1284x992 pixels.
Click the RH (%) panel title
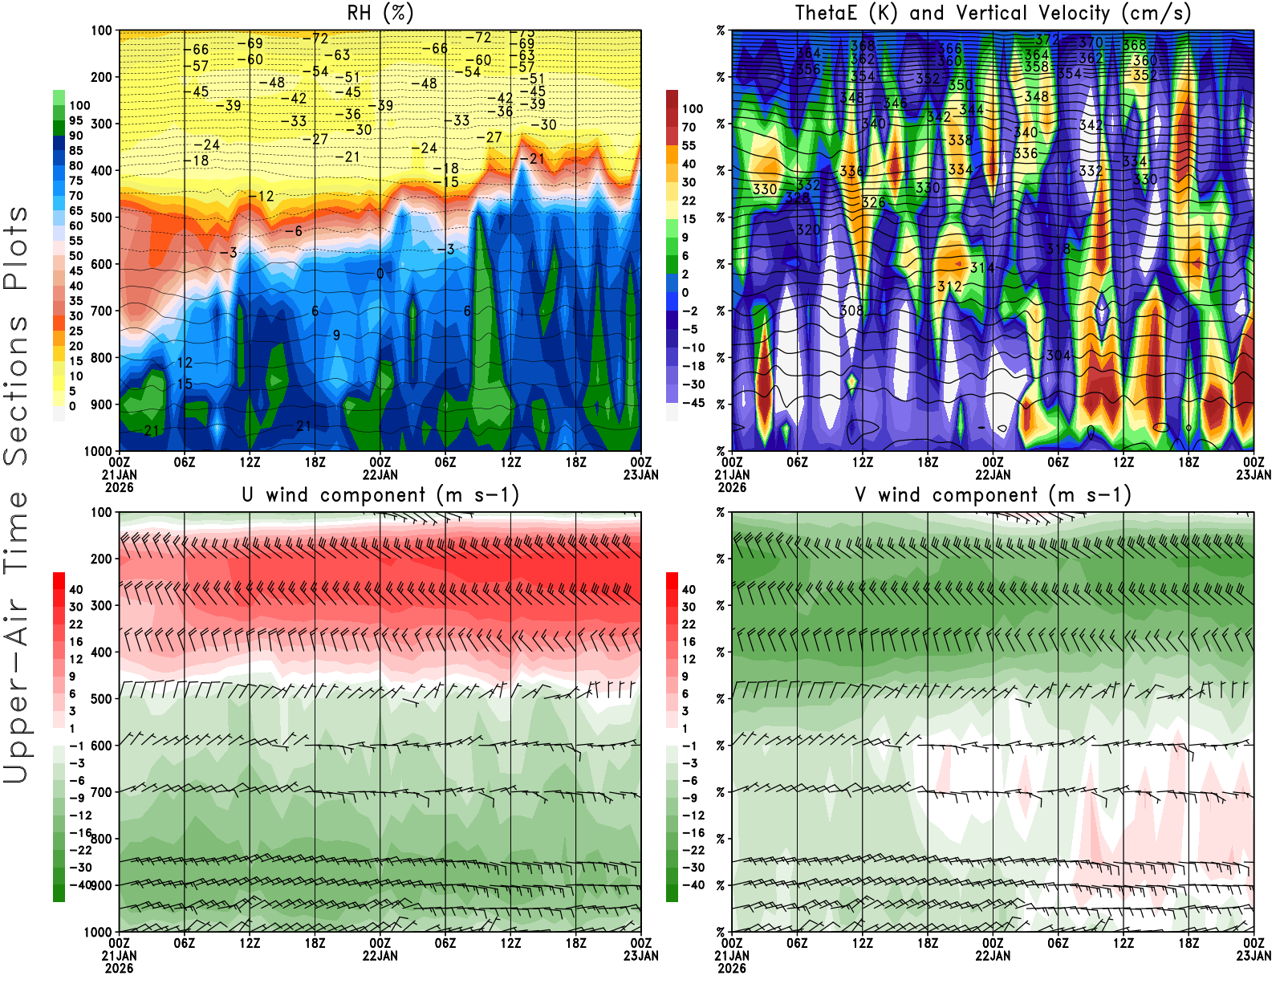click(x=380, y=14)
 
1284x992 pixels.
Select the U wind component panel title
click(x=380, y=495)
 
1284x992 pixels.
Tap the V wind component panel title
click(x=993, y=495)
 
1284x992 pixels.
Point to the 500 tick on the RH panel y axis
click(x=102, y=218)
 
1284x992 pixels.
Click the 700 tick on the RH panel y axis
click(x=102, y=311)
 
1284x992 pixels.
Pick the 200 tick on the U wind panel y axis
click(x=102, y=559)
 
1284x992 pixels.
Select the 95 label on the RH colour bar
click(x=75, y=120)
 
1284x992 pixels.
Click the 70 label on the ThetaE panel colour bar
click(x=689, y=127)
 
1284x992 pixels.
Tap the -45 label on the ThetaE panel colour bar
click(x=693, y=403)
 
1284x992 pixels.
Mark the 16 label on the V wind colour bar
click(x=689, y=641)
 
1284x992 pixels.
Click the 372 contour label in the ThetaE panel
click(x=1046, y=39)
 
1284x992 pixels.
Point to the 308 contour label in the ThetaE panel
click(x=851, y=311)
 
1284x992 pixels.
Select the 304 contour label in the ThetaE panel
click(x=1058, y=355)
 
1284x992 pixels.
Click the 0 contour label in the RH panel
click(x=380, y=274)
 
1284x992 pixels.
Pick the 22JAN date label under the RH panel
click(x=380, y=474)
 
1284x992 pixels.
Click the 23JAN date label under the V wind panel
click(x=1254, y=956)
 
